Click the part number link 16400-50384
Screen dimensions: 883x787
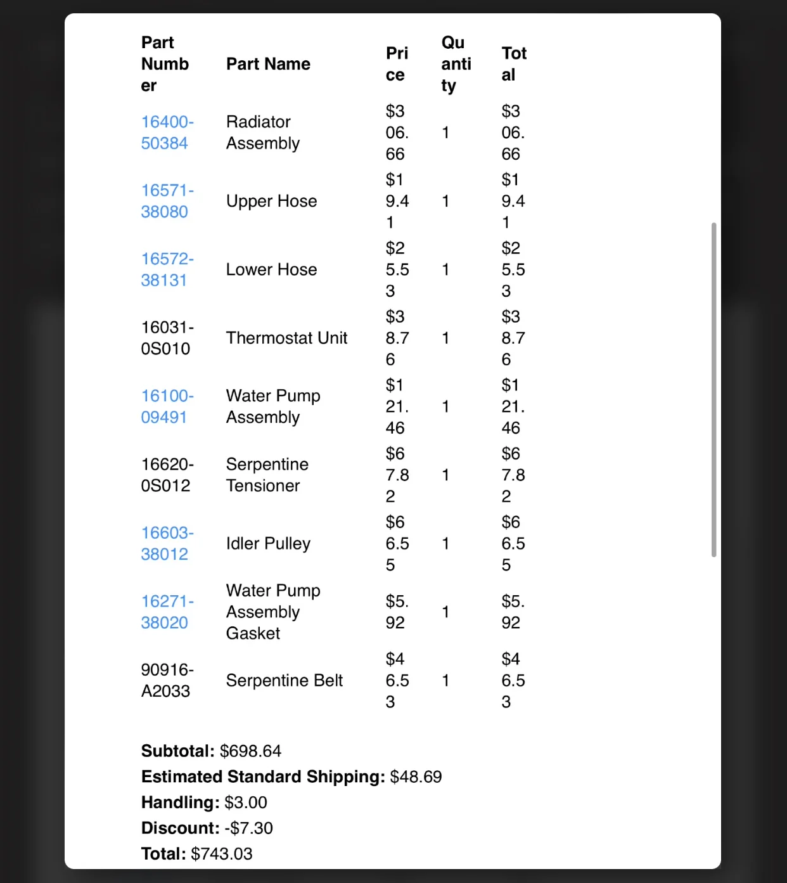167,132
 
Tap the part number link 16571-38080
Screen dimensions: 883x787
167,201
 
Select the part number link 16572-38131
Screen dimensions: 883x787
167,269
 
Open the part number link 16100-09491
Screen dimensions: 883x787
167,406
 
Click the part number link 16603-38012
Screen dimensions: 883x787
167,543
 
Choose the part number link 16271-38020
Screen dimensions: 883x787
167,612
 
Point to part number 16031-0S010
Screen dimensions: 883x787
167,338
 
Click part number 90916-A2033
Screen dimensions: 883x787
167,680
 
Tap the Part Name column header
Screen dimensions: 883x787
268,64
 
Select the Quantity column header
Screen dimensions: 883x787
456,64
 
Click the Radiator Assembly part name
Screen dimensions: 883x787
262,132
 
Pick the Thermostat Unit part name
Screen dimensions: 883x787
286,338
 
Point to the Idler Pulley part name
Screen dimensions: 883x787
268,543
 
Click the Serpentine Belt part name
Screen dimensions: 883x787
284,680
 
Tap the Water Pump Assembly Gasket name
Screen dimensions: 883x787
272,612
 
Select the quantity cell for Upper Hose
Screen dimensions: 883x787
445,201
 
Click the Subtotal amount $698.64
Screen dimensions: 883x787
250,751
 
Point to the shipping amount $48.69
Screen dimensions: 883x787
416,777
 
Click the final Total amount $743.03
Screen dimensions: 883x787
221,854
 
